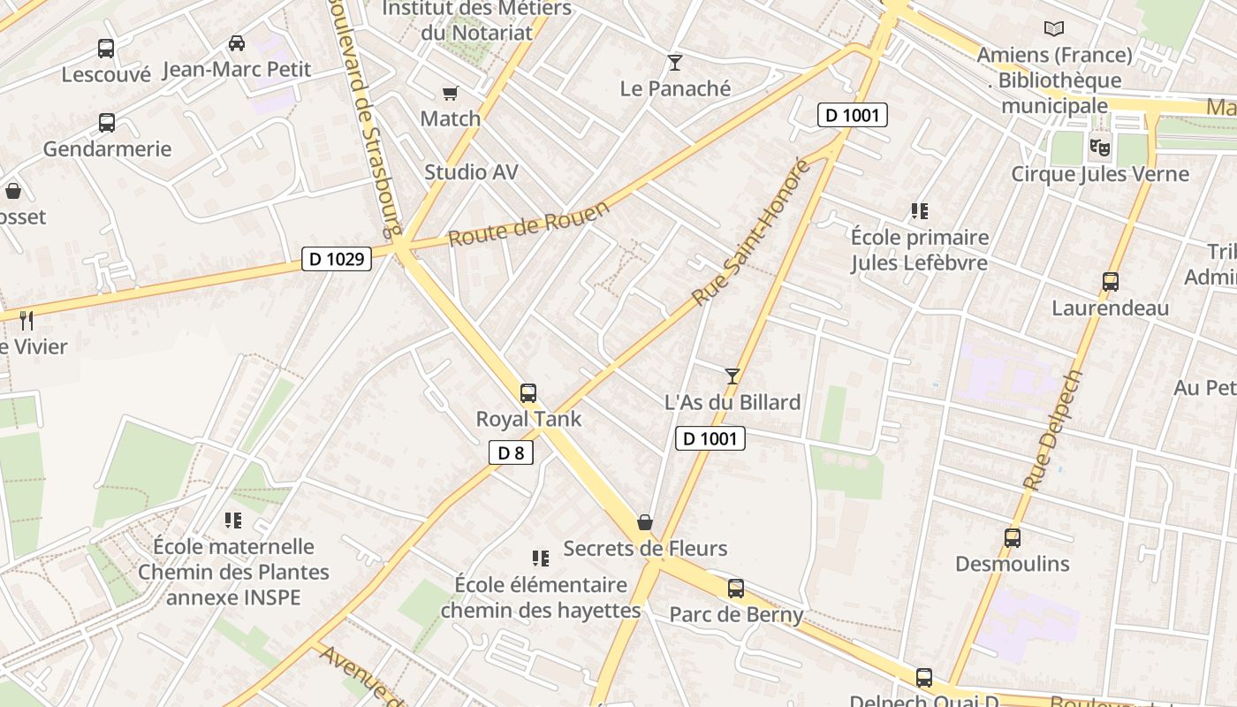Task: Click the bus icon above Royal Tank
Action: point(528,393)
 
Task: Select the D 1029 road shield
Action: point(337,259)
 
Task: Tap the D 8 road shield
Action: point(511,453)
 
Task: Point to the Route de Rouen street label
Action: point(528,224)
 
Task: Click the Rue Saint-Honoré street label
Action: point(752,232)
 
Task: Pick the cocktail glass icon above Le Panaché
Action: point(675,63)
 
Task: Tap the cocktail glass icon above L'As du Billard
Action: point(732,376)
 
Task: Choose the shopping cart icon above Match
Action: point(450,93)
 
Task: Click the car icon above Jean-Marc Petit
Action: point(237,42)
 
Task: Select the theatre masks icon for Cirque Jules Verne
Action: point(1099,147)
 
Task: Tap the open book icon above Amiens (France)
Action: point(1053,29)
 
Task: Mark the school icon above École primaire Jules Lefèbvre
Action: point(920,211)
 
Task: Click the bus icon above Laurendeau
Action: point(1111,282)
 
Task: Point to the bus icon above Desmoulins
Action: point(1013,537)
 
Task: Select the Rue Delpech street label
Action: point(1053,430)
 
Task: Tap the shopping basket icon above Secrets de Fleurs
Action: point(645,522)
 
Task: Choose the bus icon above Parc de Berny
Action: point(736,588)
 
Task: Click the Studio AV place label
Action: point(471,171)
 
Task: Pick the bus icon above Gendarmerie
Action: point(107,123)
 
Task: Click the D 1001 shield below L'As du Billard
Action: point(710,438)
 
